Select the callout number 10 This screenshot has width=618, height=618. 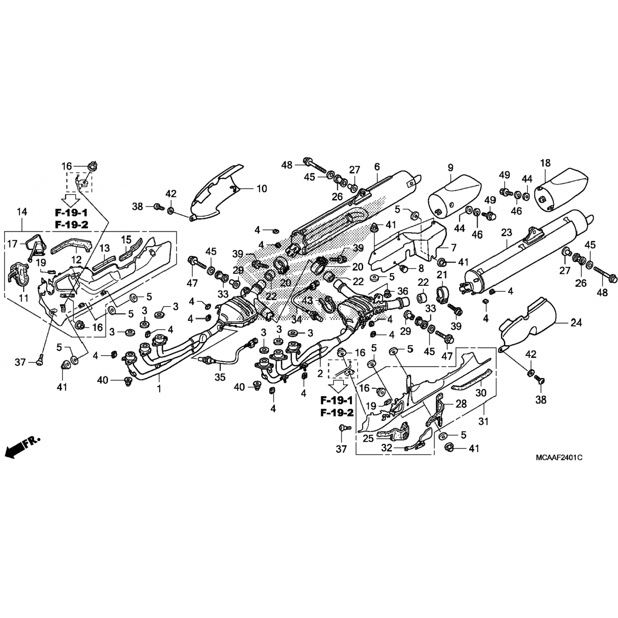click(x=262, y=189)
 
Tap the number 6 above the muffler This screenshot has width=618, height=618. click(x=377, y=167)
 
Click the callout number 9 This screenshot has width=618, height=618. click(x=450, y=168)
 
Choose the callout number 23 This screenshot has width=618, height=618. click(x=506, y=233)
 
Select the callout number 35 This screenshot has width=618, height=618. click(x=220, y=377)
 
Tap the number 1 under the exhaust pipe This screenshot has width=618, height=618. click(x=159, y=388)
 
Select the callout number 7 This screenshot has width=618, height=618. click(x=454, y=248)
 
